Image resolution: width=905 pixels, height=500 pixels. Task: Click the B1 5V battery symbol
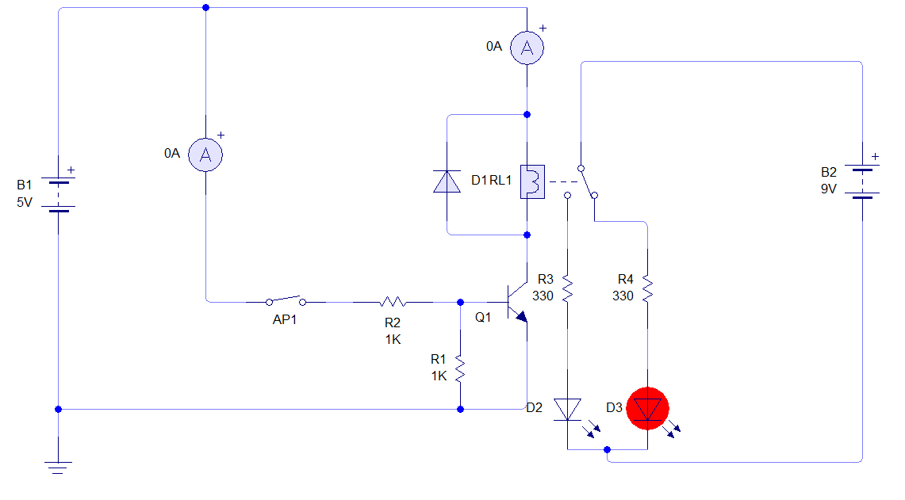pos(58,195)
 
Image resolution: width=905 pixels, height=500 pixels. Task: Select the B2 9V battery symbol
pos(862,182)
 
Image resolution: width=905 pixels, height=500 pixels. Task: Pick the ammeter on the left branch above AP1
pos(205,155)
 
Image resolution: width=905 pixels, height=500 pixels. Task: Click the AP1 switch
pos(286,300)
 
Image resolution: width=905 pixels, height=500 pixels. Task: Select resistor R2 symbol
pos(393,301)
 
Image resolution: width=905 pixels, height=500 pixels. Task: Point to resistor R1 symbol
pos(460,366)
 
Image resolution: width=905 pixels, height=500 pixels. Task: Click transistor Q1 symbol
pos(516,303)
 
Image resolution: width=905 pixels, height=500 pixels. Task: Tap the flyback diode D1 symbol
pos(447,181)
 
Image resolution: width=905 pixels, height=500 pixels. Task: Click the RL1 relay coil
pos(531,181)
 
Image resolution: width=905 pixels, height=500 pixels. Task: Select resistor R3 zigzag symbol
pos(567,288)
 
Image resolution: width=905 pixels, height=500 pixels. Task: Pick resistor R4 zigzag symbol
pos(647,288)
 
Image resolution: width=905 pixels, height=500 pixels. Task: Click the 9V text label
pos(829,189)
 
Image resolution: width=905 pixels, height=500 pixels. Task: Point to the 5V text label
pos(25,202)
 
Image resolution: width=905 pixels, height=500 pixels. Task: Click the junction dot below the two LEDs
pos(607,450)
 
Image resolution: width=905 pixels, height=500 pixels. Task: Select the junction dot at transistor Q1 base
pos(461,302)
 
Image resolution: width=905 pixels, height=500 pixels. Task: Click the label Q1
pos(483,317)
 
